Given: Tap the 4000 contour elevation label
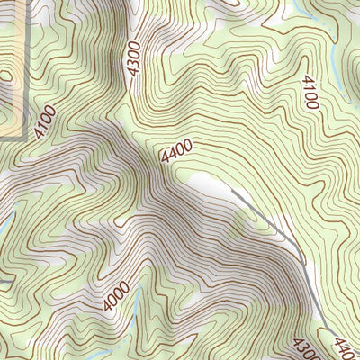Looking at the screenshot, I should click(116, 296).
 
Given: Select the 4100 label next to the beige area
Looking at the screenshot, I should click(45, 121).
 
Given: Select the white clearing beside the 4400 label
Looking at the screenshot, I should click(209, 184).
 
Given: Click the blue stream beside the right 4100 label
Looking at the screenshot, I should click(334, 63).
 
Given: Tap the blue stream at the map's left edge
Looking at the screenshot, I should click(4, 220).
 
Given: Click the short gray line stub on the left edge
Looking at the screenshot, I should click(5, 282).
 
